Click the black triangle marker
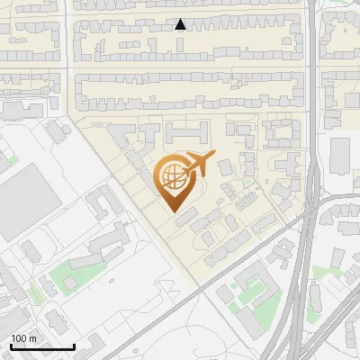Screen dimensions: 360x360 181,24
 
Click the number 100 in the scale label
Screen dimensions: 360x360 19,338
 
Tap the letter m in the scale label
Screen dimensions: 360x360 32,338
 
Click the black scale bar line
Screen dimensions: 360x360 41,346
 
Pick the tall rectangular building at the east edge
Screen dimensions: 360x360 340,156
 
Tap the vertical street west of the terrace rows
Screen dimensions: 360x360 67,54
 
